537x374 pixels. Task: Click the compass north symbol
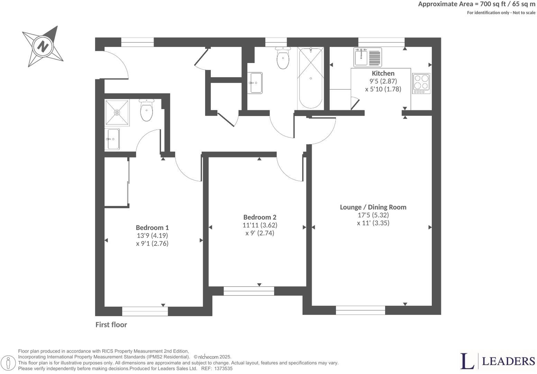pos(43,46)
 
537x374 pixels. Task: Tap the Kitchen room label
pos(383,73)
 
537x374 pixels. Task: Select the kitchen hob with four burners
pos(421,83)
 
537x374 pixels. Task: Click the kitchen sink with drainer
pos(367,57)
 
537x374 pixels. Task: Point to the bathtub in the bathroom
pos(311,79)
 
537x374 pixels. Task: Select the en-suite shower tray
pos(117,113)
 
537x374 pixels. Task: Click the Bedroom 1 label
pos(152,228)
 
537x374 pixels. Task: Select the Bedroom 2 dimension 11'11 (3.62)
pos(260,225)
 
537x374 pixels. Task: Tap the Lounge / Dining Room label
pos(373,207)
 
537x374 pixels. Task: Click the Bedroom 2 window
pos(249,291)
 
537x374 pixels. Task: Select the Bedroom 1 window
pos(145,311)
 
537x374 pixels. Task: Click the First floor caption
pos(111,325)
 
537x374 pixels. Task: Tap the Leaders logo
pos(497,361)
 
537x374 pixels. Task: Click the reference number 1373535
pos(224,369)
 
